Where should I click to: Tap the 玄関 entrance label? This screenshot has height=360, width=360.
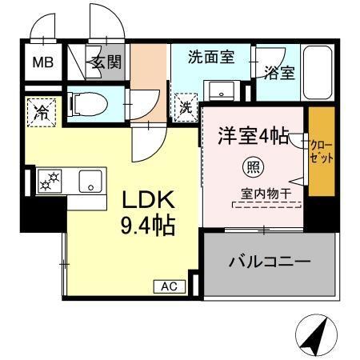click(x=106, y=62)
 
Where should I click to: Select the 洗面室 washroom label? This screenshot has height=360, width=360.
click(x=211, y=58)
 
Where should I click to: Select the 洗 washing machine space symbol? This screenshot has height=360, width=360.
click(x=184, y=104)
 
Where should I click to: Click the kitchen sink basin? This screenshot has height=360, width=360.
click(x=90, y=182)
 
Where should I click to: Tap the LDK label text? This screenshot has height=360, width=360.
click(x=143, y=198)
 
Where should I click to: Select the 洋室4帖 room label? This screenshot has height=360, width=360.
click(x=250, y=135)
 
